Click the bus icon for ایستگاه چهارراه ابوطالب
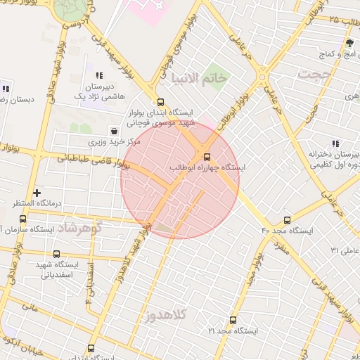[x=207, y=157]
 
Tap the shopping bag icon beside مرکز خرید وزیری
[x=114, y=131]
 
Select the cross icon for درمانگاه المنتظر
[x=37, y=192]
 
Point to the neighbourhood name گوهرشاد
[x=79, y=228]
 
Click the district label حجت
[x=313, y=73]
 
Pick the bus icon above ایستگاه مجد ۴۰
[x=286, y=219]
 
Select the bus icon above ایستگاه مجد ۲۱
[x=233, y=320]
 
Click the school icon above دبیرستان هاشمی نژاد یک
[x=99, y=75]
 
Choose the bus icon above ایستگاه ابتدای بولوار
[x=161, y=101]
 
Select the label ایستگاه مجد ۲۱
[x=234, y=330]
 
